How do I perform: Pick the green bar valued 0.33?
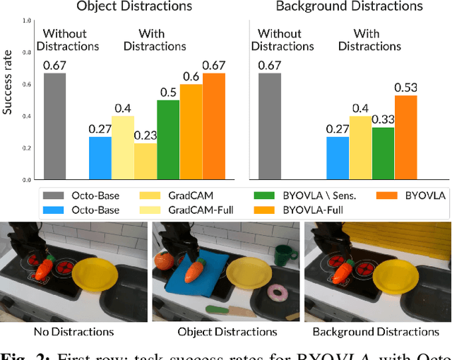coord(383,152)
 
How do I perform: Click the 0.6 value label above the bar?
coord(191,77)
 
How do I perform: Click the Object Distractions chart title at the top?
coord(134,7)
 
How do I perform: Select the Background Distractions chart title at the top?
coord(349,7)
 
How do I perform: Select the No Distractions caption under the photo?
coord(74,332)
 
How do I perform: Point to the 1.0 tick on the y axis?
coord(27,21)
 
